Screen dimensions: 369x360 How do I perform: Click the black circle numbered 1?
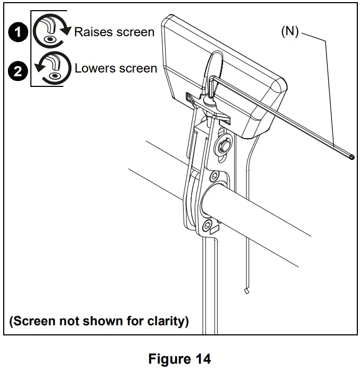tap(19, 33)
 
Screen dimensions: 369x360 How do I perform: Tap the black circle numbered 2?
tap(19, 71)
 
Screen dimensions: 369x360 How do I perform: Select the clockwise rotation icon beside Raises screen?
tap(52, 33)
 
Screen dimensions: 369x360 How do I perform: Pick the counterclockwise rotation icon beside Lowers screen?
tap(52, 69)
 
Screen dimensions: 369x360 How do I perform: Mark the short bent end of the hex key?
tap(212, 87)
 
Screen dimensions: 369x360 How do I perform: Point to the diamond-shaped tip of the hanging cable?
tap(246, 291)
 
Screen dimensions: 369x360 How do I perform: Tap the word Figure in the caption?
tap(168, 358)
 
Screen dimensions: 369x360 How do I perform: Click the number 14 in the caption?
tap(204, 358)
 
